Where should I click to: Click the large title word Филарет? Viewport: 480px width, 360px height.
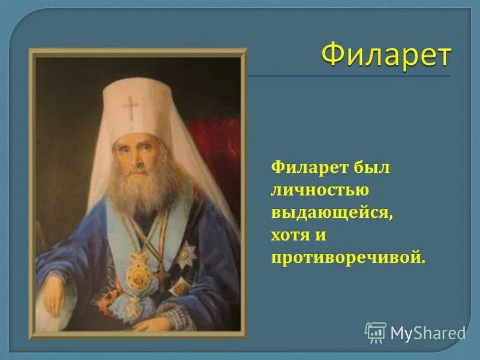click(386, 55)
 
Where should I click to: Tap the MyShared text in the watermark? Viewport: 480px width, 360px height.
click(428, 332)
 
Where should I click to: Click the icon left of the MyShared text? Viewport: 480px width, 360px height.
click(375, 332)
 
